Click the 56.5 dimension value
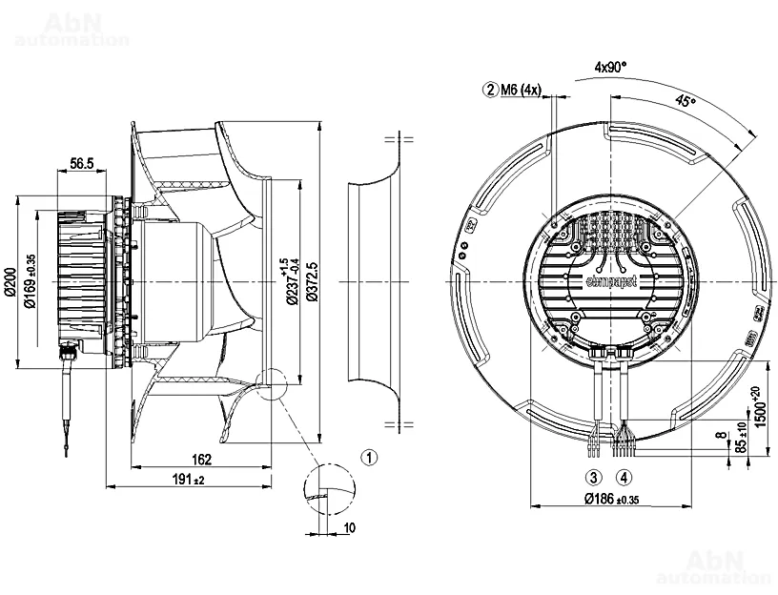tap(82, 164)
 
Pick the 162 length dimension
tap(201, 461)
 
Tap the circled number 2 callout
tap(491, 91)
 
